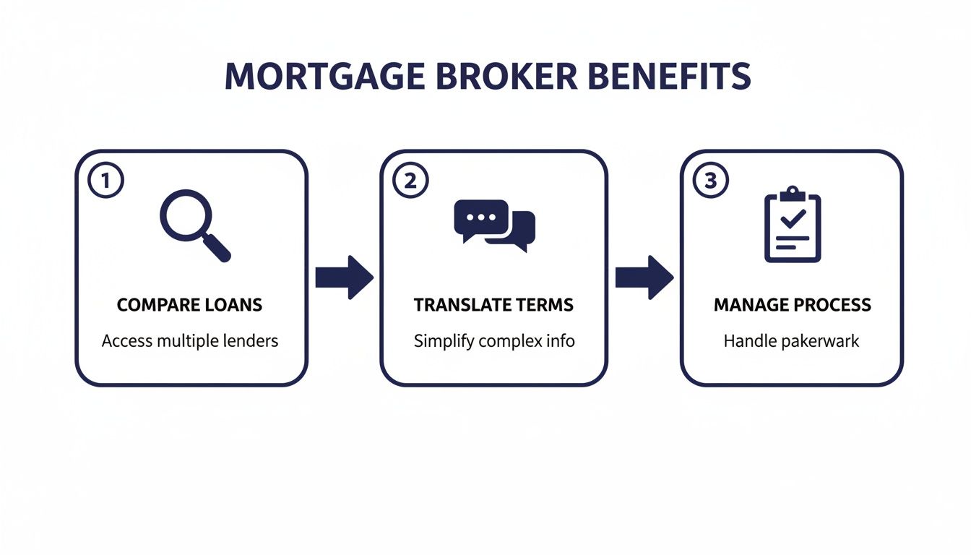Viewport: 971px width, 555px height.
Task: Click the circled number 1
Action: coord(105,181)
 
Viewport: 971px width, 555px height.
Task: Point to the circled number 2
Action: coord(410,181)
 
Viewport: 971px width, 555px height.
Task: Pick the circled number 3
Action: coord(710,181)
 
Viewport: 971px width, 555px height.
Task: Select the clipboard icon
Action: coord(793,225)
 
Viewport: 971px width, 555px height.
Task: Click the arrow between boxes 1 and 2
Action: coord(345,277)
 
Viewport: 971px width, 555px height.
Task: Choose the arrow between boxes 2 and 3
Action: coord(644,277)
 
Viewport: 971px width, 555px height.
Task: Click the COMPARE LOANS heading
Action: coord(189,305)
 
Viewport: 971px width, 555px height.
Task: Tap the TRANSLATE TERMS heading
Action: coord(493,305)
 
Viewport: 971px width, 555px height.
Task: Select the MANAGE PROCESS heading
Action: coord(792,305)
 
